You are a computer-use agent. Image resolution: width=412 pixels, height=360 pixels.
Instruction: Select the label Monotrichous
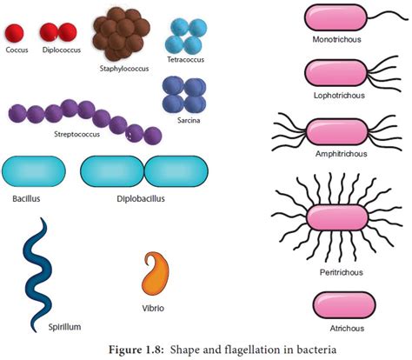click(336, 38)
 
